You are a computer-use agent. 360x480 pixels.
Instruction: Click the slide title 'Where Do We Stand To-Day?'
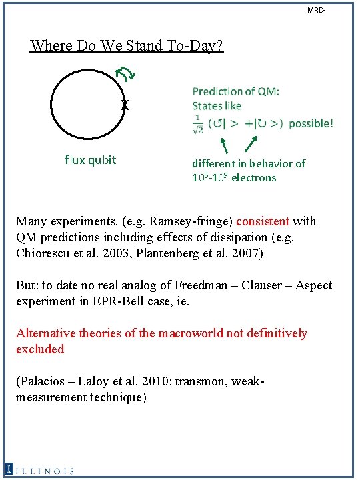click(127, 46)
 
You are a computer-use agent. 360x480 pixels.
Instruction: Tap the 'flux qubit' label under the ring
click(90, 159)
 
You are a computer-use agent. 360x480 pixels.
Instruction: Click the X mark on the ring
click(125, 105)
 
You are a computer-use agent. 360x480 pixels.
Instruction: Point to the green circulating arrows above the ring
click(125, 75)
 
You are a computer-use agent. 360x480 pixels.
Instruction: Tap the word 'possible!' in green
click(311, 123)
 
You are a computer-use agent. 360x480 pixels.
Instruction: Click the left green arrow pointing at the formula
click(224, 145)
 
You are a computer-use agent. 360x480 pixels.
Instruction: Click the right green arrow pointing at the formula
click(252, 144)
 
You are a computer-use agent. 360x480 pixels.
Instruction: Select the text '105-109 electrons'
click(234, 177)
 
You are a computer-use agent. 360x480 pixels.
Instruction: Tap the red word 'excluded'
click(40, 349)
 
